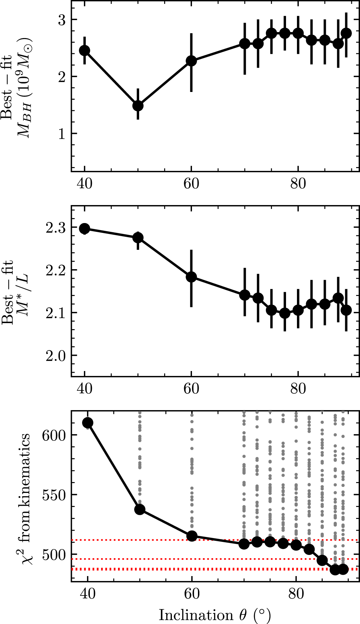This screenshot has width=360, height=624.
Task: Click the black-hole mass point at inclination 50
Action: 138,105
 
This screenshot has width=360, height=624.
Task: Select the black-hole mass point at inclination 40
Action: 85,50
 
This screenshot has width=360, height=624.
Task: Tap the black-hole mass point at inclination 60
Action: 191,61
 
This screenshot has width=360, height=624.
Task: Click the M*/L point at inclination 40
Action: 85,228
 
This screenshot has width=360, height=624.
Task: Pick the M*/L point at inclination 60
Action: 191,277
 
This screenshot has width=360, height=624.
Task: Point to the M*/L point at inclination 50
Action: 138,238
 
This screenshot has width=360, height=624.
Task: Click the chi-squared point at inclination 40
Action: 87,423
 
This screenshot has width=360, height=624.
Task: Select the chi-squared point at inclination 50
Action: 140,509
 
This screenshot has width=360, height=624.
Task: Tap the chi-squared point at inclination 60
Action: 192,536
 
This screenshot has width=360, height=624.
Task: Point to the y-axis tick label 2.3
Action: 55,228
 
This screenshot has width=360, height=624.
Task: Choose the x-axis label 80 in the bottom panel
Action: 296,593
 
